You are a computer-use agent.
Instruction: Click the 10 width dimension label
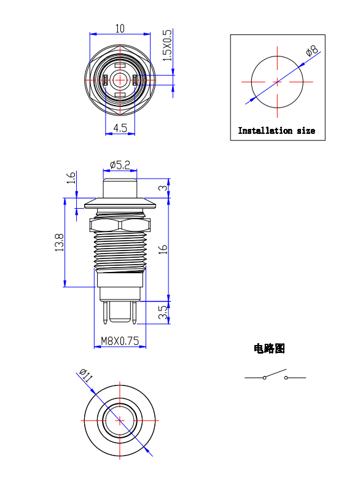tap(120, 28)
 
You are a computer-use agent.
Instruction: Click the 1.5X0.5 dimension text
tap(167, 45)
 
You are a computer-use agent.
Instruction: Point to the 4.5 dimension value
tap(120, 128)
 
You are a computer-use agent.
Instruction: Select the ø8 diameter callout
tap(311, 51)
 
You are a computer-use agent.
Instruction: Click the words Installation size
tap(276, 131)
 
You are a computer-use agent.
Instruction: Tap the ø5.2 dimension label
tap(120, 165)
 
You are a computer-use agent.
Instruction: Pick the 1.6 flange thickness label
tap(71, 177)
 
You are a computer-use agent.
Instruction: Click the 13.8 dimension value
tap(59, 242)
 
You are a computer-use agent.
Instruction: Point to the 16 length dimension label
tap(163, 249)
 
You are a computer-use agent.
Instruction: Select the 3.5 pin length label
tap(163, 312)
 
